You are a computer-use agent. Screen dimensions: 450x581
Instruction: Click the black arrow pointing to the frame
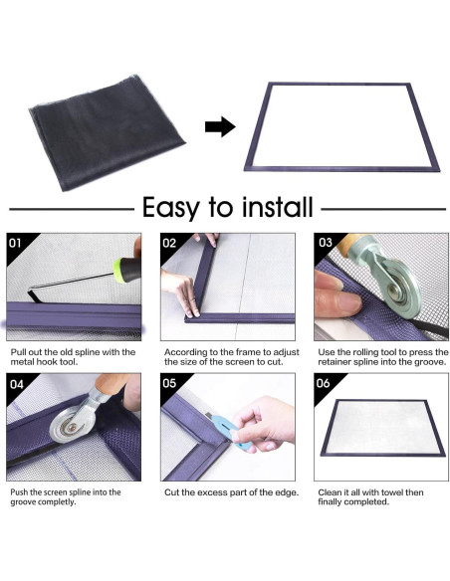(220, 126)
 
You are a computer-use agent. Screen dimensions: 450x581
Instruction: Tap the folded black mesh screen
(107, 132)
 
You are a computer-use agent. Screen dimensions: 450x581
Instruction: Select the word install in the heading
(277, 207)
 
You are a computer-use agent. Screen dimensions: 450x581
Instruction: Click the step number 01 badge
(15, 243)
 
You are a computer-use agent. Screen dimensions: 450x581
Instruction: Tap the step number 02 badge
(169, 243)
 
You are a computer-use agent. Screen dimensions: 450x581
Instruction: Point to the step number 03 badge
(326, 243)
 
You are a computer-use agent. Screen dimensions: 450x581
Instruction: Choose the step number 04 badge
(17, 384)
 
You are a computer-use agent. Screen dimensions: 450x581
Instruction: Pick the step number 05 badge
(169, 383)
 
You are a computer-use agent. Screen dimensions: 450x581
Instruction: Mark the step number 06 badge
(323, 383)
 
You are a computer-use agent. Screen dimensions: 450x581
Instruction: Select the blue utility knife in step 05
(226, 429)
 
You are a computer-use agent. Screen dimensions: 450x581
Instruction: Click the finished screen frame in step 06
(382, 428)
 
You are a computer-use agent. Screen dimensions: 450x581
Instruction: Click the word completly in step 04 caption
(57, 502)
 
